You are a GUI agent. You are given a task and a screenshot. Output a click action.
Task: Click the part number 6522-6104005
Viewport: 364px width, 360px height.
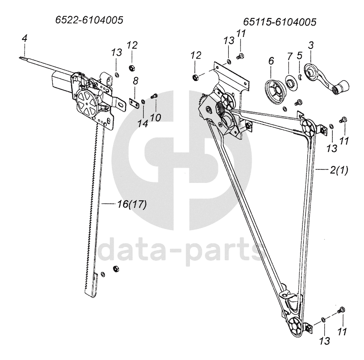coord(89,20)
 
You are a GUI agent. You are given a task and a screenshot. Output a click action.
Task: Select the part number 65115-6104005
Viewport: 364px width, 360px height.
coord(280,21)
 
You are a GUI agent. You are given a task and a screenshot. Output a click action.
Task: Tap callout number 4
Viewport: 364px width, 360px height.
coord(25,39)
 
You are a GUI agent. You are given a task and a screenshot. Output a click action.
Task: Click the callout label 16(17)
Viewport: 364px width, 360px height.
coord(132,204)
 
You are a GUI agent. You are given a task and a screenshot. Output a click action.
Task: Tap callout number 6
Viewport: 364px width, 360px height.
coord(270,61)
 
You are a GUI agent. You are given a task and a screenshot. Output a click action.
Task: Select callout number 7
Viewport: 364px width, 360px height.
coord(289,56)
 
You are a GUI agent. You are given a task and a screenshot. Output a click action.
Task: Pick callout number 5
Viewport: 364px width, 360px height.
coord(299,56)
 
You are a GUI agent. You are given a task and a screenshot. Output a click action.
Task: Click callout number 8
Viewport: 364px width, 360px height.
coord(135,81)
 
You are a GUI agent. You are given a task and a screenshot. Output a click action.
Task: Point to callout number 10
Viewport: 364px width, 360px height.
coord(155,118)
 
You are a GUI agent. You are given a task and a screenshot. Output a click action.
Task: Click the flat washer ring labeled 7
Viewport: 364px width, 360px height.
coord(290,82)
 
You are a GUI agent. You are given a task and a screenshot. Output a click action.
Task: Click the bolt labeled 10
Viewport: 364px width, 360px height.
coord(154,97)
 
